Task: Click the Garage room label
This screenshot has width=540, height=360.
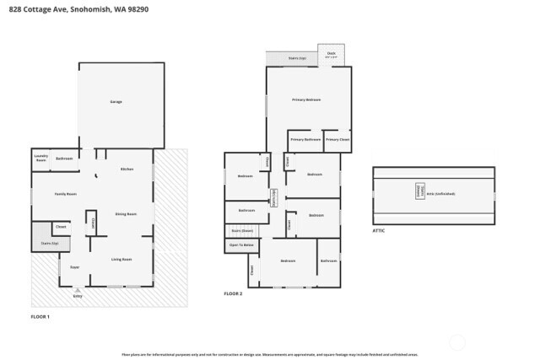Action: tap(116, 102)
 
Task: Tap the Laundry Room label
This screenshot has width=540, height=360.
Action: tap(40, 158)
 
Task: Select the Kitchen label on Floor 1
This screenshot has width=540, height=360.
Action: tap(127, 169)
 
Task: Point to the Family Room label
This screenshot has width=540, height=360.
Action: tap(66, 194)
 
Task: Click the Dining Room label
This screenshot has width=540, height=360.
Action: tap(127, 214)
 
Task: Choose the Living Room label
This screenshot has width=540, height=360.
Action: tap(122, 259)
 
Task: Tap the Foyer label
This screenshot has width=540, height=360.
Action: tap(74, 266)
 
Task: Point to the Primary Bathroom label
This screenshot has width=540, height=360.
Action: tap(305, 139)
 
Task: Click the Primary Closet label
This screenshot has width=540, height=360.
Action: tap(337, 139)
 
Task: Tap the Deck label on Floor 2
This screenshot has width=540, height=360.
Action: tap(331, 54)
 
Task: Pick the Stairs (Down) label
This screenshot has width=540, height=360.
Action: tap(242, 229)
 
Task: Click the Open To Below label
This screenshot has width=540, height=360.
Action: tap(242, 245)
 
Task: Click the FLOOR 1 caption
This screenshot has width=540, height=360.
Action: tap(40, 316)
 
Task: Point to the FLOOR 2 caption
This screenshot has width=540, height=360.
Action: tap(233, 293)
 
